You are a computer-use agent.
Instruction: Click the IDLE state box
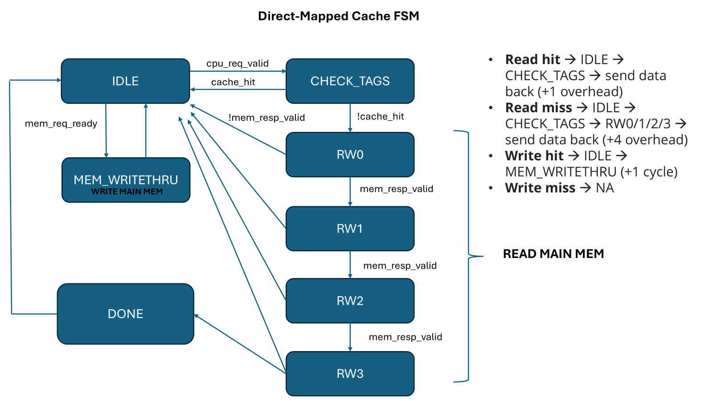(125, 81)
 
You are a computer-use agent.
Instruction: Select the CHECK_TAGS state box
(350, 81)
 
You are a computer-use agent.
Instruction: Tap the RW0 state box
(350, 155)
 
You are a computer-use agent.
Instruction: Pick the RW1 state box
(350, 229)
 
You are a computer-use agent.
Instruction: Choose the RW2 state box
(350, 301)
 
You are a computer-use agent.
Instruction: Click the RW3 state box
(350, 373)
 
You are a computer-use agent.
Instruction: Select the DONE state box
(125, 314)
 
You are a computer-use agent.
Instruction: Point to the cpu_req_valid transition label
(238, 63)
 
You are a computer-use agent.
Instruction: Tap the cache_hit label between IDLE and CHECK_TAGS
(233, 82)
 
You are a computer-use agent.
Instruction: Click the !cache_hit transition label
(380, 116)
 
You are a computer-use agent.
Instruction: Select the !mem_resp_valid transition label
(266, 118)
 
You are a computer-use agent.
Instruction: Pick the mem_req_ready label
(61, 123)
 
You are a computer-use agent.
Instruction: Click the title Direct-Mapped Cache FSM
(339, 16)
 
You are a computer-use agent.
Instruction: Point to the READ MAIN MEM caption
(553, 254)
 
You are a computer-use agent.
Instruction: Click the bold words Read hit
(533, 59)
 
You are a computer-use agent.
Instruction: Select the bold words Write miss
(540, 188)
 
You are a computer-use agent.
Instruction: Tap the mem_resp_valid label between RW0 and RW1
(397, 189)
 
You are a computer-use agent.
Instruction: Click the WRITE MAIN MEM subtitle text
(127, 192)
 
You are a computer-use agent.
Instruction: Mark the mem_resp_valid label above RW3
(406, 337)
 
